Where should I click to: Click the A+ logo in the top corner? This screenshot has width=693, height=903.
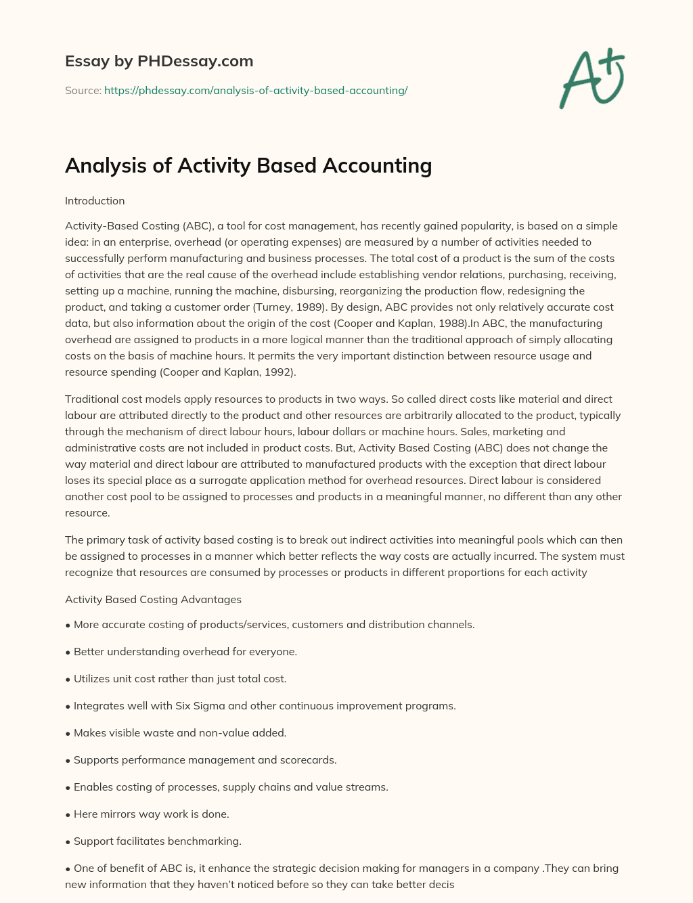(592, 78)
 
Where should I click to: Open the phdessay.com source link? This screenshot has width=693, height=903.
(256, 90)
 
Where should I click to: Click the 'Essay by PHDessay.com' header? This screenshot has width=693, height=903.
(159, 61)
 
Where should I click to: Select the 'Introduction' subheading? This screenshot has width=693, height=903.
(95, 201)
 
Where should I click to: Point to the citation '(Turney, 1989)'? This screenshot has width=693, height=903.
(288, 307)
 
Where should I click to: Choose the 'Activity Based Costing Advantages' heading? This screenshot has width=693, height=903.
(153, 599)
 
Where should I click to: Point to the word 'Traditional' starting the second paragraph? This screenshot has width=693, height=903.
(92, 399)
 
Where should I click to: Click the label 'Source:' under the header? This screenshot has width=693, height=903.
(83, 90)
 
